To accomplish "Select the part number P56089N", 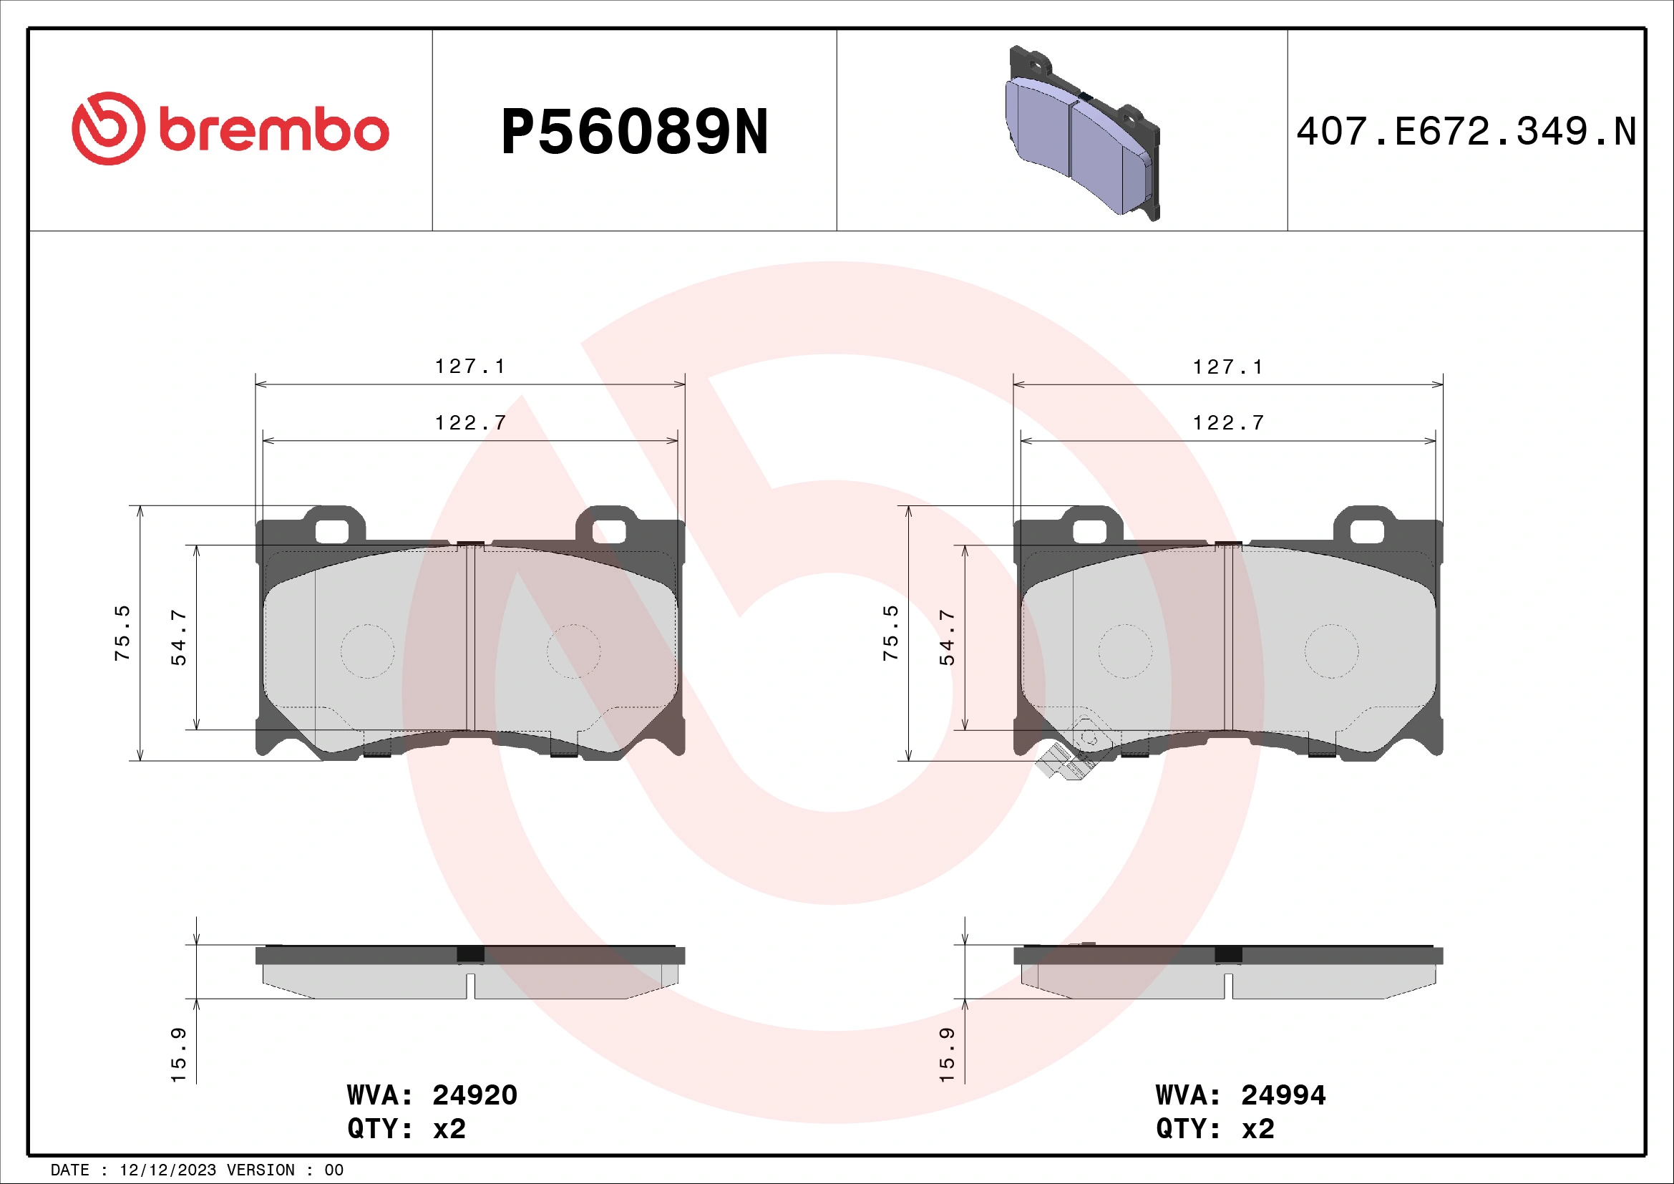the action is (634, 132).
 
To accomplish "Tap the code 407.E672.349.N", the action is (1466, 132).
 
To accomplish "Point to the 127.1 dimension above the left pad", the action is (470, 366).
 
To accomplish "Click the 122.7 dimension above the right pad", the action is (1228, 423).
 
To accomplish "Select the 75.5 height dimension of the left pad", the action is (122, 633).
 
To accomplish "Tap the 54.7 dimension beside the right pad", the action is (946, 637).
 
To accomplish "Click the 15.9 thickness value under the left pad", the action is (179, 1055).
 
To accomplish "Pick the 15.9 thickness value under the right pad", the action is (946, 1055).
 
